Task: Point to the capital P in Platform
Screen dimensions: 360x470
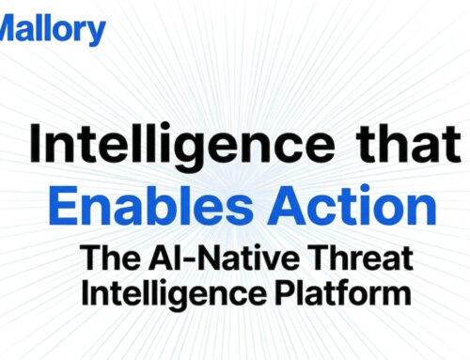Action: pos(282,292)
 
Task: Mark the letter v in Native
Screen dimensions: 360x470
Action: pos(247,257)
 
